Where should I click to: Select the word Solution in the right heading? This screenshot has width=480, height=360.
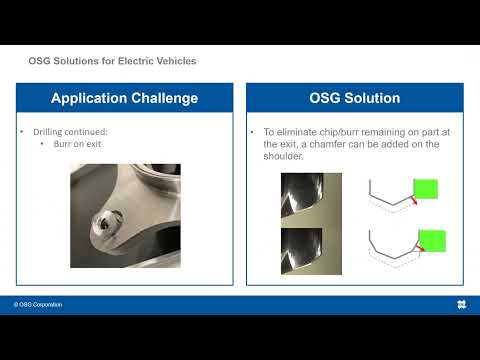tap(369, 98)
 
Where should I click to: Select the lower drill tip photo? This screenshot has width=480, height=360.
tap(311, 251)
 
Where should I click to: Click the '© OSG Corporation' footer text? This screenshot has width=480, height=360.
tap(38, 304)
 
